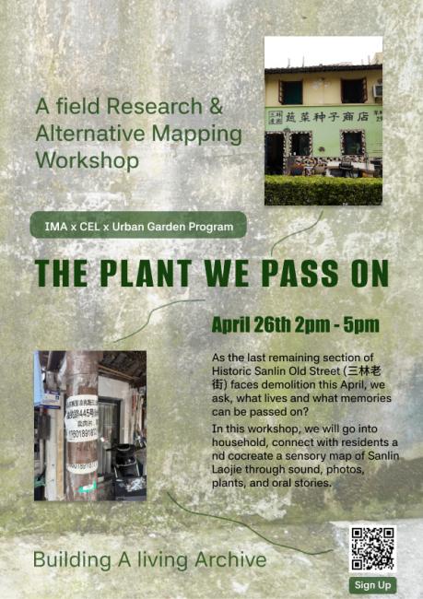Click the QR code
click(372, 548)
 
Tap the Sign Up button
click(372, 585)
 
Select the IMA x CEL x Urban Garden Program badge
click(137, 225)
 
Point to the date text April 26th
click(250, 325)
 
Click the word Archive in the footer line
click(232, 559)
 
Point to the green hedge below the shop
click(323, 191)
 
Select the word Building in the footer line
click(67, 559)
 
